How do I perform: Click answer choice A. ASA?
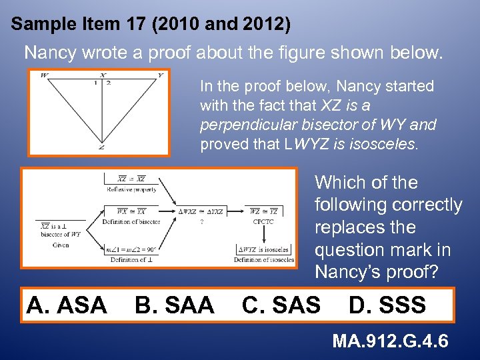(x=66, y=305)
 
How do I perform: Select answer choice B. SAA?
(x=174, y=305)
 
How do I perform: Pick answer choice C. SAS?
(x=281, y=305)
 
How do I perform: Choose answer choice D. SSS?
(x=387, y=305)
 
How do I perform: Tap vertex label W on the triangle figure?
(x=43, y=75)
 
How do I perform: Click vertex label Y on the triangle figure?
(x=160, y=75)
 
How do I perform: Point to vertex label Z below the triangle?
(x=101, y=147)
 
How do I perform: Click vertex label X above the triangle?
(x=101, y=75)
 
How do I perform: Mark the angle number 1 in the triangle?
(x=95, y=83)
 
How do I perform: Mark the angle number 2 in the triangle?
(x=108, y=83)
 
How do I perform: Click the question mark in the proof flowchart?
(x=201, y=223)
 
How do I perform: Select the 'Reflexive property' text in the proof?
(x=132, y=189)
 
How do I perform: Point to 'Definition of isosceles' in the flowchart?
(x=264, y=259)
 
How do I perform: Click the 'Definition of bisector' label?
(x=131, y=221)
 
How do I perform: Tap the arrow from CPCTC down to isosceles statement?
(x=263, y=234)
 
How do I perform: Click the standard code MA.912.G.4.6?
(x=391, y=341)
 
